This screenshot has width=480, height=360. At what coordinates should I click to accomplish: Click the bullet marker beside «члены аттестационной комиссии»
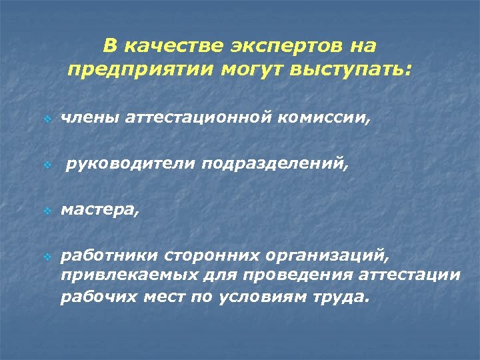click(47, 120)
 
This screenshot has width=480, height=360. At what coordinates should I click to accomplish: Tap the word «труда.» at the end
click(341, 297)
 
